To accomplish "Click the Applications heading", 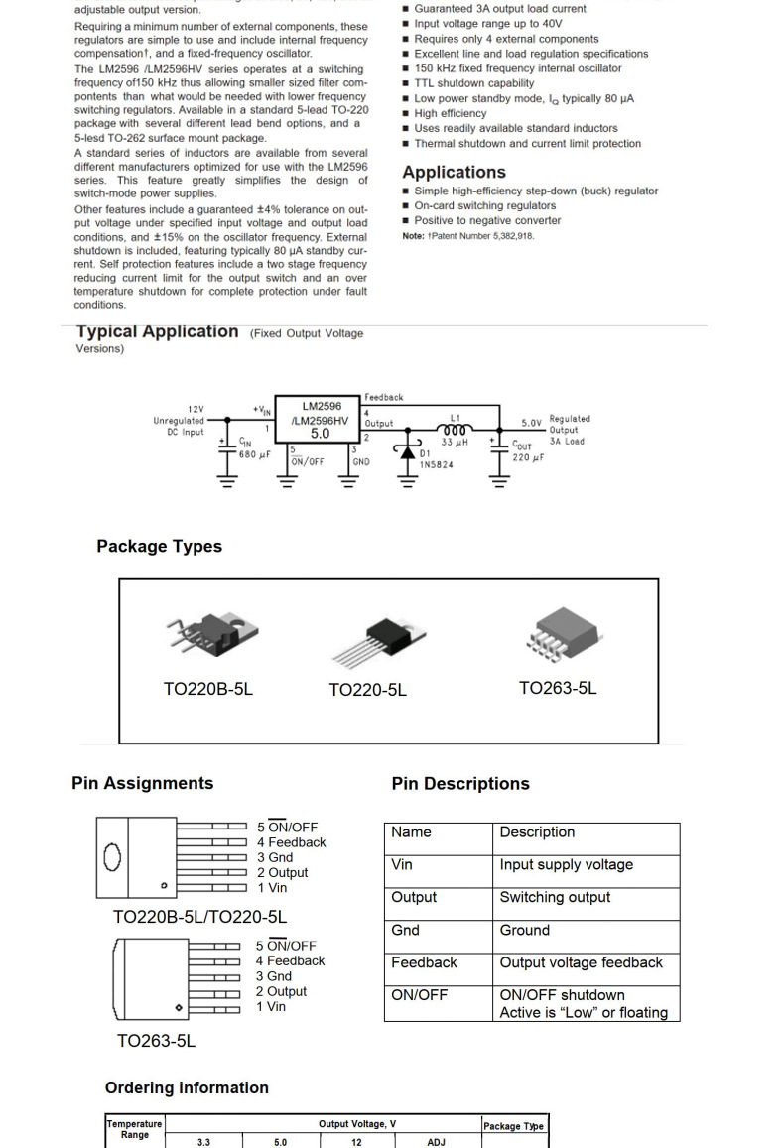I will coord(454,172).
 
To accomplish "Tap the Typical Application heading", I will coord(157,332).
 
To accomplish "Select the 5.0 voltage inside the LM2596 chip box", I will coord(320,434).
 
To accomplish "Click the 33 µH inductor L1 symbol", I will coord(455,430).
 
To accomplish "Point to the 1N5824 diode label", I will coord(436,464).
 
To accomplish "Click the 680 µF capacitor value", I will coord(254,455).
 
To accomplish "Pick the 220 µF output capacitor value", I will coord(528,457).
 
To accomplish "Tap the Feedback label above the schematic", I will coord(384,397).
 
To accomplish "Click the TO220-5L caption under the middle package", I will coord(367,690).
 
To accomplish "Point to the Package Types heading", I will coord(159,547).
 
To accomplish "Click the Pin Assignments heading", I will coord(142,783).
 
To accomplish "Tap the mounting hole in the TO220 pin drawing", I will coord(112,857).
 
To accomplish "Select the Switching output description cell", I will coord(555,897).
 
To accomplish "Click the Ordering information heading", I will coord(187,1087).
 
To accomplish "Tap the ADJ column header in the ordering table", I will coord(436,1142).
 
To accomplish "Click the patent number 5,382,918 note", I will coord(467,236).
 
